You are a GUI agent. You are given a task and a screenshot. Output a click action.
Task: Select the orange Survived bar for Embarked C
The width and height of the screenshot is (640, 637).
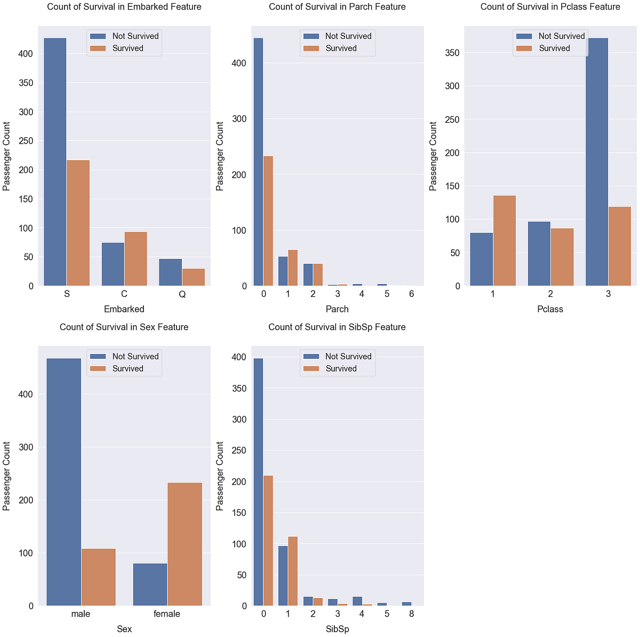pos(135,259)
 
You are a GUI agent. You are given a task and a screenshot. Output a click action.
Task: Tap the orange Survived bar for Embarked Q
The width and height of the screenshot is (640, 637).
pos(193,277)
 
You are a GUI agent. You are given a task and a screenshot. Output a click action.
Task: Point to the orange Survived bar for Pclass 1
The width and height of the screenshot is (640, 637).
pos(505,241)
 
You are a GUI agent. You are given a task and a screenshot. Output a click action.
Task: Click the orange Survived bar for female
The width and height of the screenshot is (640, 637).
pos(185,544)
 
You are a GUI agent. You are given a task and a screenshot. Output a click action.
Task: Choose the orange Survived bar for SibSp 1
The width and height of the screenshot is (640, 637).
pos(292,571)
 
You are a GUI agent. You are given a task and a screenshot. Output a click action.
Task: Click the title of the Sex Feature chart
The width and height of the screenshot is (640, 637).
pos(124,327)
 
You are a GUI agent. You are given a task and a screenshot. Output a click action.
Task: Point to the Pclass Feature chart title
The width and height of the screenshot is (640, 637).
pos(550,7)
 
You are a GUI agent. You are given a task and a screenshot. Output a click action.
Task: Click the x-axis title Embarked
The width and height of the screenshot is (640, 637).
pos(124,309)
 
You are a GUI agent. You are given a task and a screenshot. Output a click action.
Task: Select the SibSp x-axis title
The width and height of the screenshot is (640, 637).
pos(337,629)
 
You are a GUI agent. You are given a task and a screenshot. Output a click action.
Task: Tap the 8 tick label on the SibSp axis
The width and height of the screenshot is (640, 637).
pos(411,614)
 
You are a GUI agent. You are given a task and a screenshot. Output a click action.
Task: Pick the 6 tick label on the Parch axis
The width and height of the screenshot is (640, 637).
pos(411,294)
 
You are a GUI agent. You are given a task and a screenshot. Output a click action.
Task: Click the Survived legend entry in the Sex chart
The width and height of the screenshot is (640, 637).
pos(127,368)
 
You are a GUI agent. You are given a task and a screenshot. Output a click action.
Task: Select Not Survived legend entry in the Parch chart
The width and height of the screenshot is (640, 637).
pos(348,36)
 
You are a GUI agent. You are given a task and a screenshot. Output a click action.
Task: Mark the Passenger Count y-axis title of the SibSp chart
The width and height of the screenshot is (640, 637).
pos(220,476)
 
